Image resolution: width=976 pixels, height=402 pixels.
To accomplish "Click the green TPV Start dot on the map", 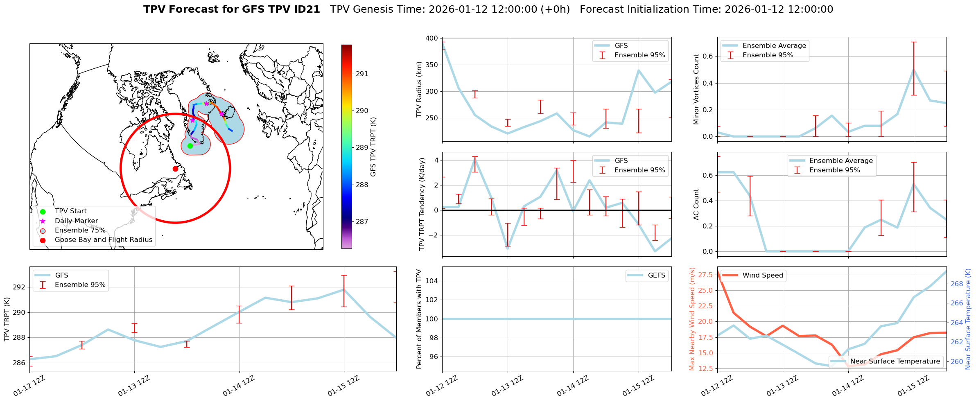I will click(190, 146).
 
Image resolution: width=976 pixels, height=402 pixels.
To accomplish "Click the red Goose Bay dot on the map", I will click(175, 169).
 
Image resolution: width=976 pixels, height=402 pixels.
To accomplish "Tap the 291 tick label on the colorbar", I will click(362, 74).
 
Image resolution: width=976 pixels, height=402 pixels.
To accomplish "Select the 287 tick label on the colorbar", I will click(362, 222).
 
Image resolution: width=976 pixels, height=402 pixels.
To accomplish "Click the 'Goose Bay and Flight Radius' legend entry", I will click(103, 240).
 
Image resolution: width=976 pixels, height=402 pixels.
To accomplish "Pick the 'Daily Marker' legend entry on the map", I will click(76, 221).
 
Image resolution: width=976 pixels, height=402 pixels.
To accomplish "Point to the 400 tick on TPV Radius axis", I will click(432, 38).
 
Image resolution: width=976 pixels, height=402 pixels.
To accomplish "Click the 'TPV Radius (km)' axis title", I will click(419, 89).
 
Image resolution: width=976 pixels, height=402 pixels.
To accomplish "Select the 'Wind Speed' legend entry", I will click(762, 276).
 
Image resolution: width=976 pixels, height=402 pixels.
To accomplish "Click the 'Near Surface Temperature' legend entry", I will click(895, 361).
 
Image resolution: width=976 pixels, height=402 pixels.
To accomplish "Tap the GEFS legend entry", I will click(656, 276).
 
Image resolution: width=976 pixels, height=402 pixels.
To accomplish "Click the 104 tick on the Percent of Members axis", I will click(432, 281).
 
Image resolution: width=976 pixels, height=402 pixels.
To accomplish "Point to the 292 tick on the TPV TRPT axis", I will click(19, 287).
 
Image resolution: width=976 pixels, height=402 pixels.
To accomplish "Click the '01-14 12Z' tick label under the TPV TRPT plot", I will click(239, 386).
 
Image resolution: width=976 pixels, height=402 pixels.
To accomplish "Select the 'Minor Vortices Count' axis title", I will click(696, 89).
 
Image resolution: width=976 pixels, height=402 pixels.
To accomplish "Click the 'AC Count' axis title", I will click(696, 204).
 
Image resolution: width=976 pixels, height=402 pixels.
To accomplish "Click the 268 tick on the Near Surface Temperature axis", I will click(956, 284).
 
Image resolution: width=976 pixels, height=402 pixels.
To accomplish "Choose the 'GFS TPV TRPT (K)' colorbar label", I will click(373, 147).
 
